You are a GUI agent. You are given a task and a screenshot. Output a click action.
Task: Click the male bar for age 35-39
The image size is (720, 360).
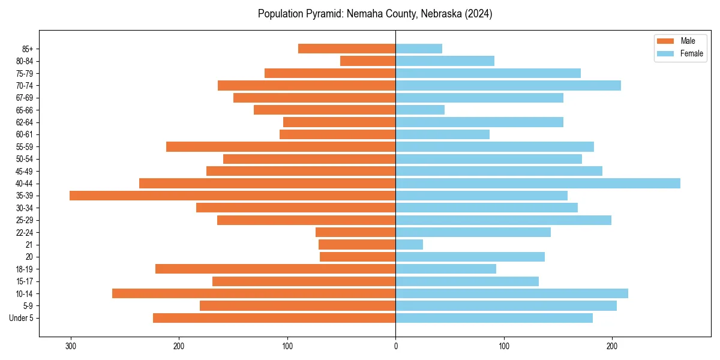232,196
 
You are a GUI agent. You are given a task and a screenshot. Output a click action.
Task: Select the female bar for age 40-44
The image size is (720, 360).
538,183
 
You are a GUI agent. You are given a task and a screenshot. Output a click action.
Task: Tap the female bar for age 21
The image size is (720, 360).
409,244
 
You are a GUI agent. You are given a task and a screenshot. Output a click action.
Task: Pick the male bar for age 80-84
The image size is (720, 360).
368,61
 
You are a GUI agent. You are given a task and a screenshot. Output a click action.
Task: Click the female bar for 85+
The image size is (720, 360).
419,49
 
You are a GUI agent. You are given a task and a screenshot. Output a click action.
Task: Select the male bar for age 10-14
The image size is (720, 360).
254,293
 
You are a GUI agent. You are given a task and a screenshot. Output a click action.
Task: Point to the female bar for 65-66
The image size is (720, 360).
420,110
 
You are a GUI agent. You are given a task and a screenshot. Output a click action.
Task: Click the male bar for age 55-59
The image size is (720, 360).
281,146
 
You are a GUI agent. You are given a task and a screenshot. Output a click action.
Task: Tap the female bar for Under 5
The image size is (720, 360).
494,318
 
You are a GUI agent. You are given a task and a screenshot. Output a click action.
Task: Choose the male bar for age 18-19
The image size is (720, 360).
275,269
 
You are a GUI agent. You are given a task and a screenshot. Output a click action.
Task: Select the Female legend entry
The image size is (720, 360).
680,53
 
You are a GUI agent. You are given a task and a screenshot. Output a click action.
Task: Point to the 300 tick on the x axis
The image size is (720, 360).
71,346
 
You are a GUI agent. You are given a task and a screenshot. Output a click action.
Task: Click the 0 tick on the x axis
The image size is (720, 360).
395,346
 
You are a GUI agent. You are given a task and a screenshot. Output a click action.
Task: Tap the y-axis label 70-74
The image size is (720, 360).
25,85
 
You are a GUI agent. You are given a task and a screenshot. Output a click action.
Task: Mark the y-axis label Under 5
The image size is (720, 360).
22,318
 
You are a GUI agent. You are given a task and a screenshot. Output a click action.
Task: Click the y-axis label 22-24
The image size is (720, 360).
25,232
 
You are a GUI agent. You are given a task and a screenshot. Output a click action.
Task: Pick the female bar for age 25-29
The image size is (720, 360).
503,220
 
